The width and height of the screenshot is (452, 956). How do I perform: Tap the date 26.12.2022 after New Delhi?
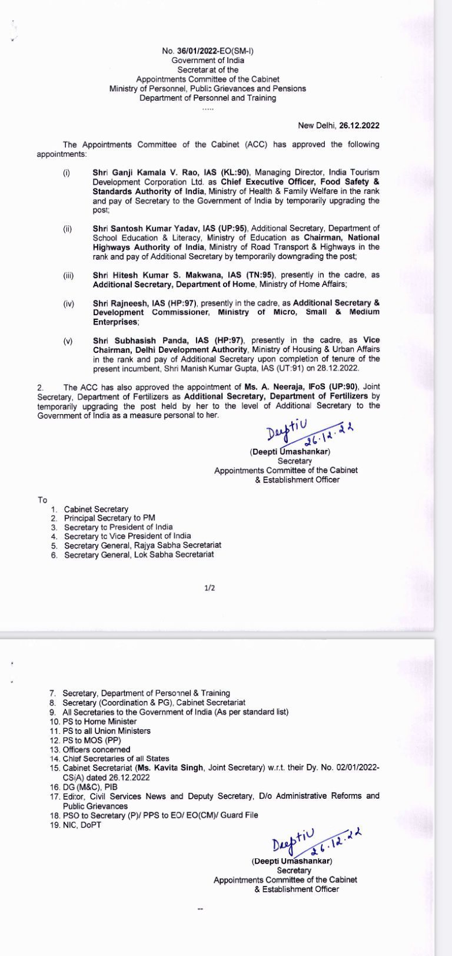tap(360, 125)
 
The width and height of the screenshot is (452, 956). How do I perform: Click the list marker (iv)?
tap(68, 304)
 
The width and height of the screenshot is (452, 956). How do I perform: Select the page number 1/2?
tap(210, 588)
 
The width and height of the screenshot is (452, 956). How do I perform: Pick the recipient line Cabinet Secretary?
tap(96, 510)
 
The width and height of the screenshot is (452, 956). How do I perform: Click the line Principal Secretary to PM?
tap(109, 518)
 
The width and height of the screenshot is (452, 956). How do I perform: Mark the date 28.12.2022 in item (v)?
tap(338, 369)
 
